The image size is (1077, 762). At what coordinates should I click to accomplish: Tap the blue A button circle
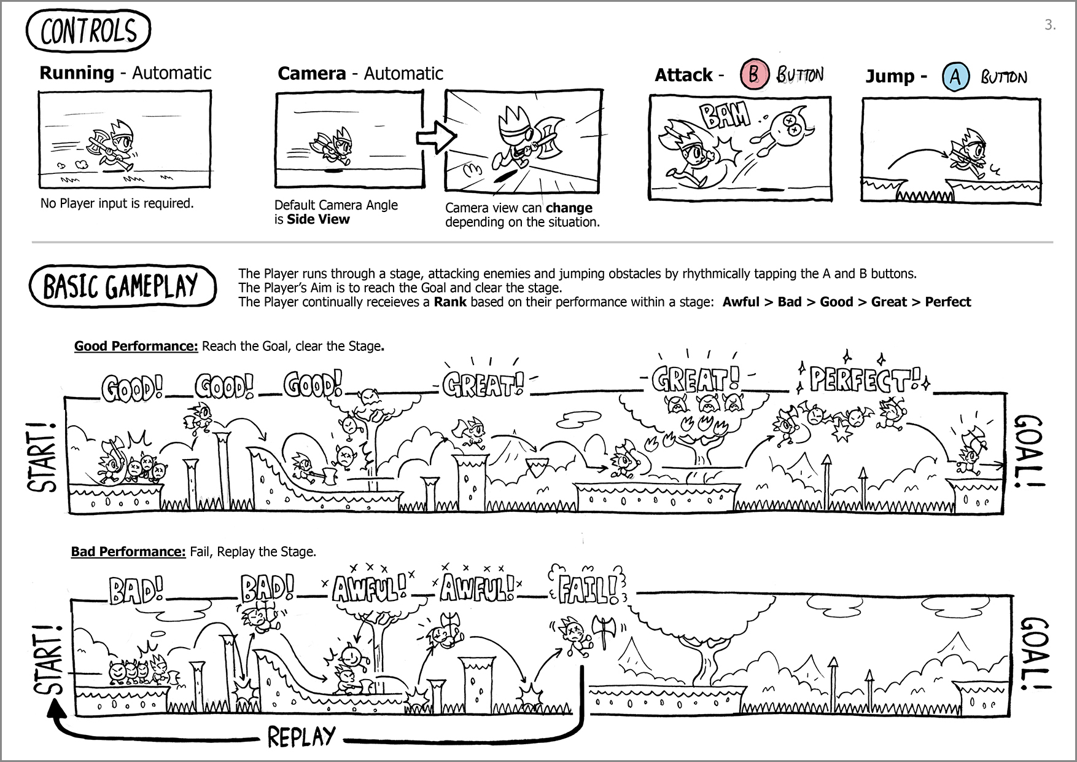[x=955, y=77]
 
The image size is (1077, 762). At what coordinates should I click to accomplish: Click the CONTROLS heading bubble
[x=88, y=31]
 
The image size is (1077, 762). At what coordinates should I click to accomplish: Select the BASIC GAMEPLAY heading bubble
[x=122, y=286]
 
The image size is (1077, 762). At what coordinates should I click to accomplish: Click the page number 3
[x=1049, y=25]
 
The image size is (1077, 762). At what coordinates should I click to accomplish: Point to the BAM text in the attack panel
[x=725, y=115]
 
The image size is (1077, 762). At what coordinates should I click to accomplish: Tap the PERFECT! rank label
[x=865, y=380]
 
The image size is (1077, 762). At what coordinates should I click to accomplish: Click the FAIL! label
[x=588, y=588]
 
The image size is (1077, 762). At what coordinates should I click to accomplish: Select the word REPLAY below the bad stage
[x=301, y=736]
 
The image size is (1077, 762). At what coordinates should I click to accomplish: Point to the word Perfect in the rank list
[x=947, y=302]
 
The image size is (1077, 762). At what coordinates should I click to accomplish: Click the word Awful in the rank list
[x=741, y=302]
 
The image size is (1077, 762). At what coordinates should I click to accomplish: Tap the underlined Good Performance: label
[x=136, y=346]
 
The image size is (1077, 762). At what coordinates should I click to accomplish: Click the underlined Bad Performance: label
[x=128, y=551]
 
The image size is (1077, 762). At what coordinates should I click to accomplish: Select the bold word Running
[x=77, y=73]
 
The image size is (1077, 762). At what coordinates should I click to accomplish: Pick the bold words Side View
[x=318, y=219]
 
